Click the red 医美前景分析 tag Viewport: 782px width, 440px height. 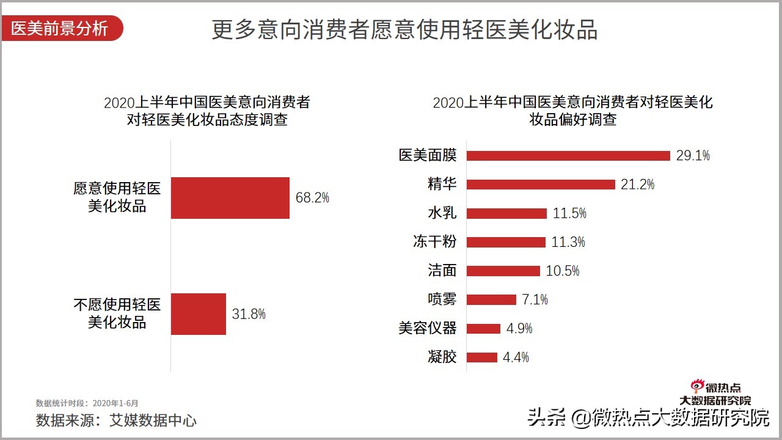pos(60,29)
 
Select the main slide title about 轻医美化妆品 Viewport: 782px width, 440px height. pos(404,29)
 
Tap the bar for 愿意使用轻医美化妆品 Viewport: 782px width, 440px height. pos(230,198)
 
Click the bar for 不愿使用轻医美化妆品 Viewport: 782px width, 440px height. pos(198,314)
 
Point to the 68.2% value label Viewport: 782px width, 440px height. pos(312,198)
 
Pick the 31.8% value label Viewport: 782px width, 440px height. pos(249,314)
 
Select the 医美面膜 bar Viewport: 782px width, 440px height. pos(568,156)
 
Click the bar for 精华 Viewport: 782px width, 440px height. pos(541,185)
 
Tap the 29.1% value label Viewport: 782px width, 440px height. pos(693,156)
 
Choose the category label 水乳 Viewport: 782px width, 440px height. pos(442,213)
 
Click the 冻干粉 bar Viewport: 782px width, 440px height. pos(506,242)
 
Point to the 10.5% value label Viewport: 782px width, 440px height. pos(562,271)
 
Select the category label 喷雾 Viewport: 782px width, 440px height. pos(442,299)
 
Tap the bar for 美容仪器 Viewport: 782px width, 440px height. pos(483,329)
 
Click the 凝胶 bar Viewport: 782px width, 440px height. pos(482,358)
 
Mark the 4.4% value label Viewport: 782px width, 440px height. pos(516,358)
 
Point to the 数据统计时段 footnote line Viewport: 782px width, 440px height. pos(87,403)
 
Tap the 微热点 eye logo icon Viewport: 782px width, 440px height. pos(698,386)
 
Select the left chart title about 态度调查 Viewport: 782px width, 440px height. pos(207,111)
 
